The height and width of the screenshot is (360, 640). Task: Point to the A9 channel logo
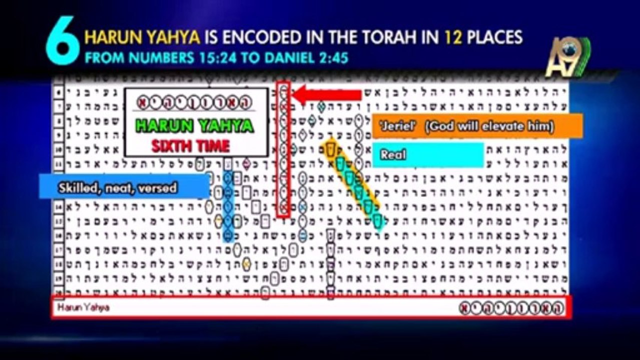[567, 57]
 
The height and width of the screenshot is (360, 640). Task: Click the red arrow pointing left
[328, 95]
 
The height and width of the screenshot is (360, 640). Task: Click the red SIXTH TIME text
[191, 146]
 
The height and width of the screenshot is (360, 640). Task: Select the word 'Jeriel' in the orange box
[396, 126]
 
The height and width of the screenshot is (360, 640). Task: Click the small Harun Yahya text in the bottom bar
[84, 307]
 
